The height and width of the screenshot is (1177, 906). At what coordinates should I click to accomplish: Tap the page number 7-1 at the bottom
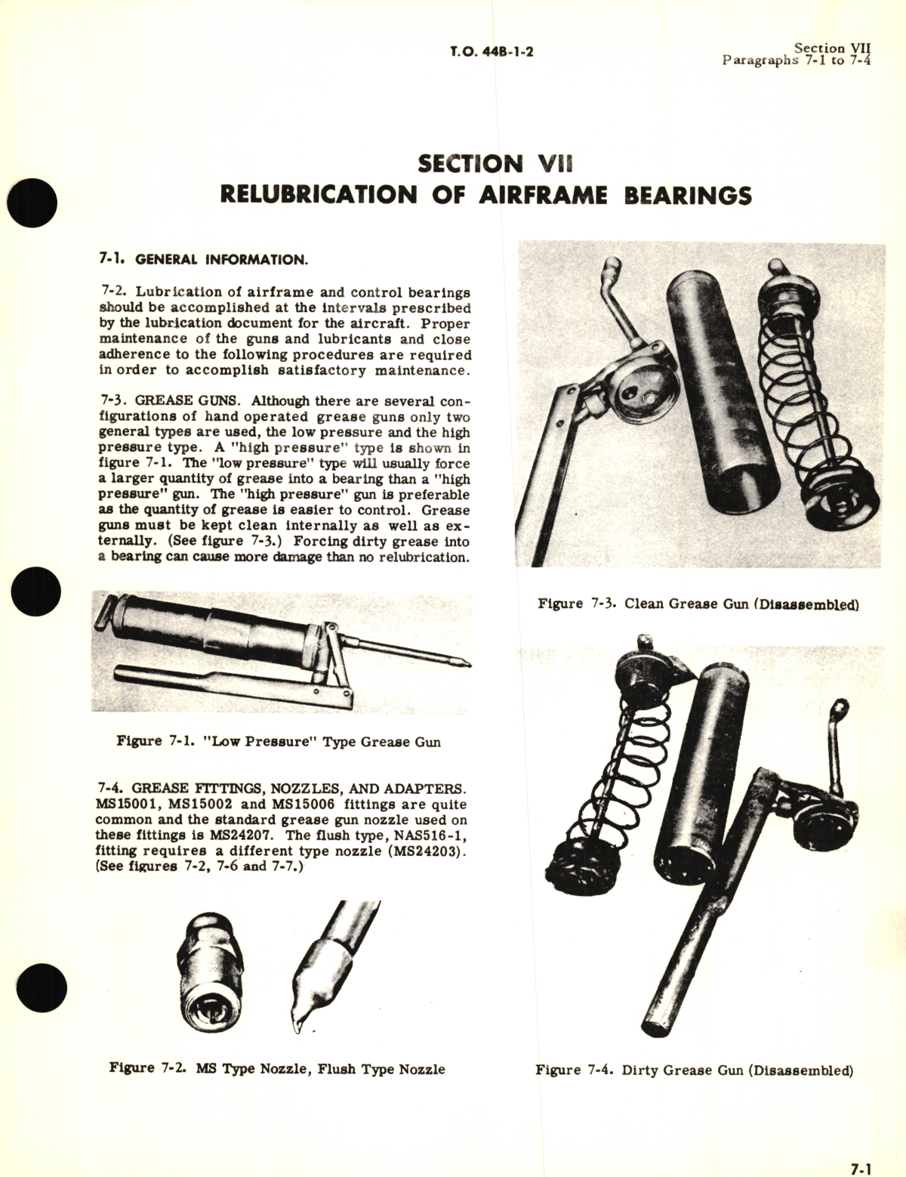tap(860, 1168)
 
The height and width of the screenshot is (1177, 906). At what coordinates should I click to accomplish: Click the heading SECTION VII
tap(495, 163)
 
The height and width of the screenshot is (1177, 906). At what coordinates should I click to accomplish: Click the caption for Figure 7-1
tap(279, 742)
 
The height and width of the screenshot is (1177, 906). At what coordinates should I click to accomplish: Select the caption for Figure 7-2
tap(277, 1069)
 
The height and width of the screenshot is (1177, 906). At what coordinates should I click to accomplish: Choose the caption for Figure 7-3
tap(698, 604)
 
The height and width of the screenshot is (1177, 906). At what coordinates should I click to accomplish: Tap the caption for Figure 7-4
tap(694, 1070)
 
